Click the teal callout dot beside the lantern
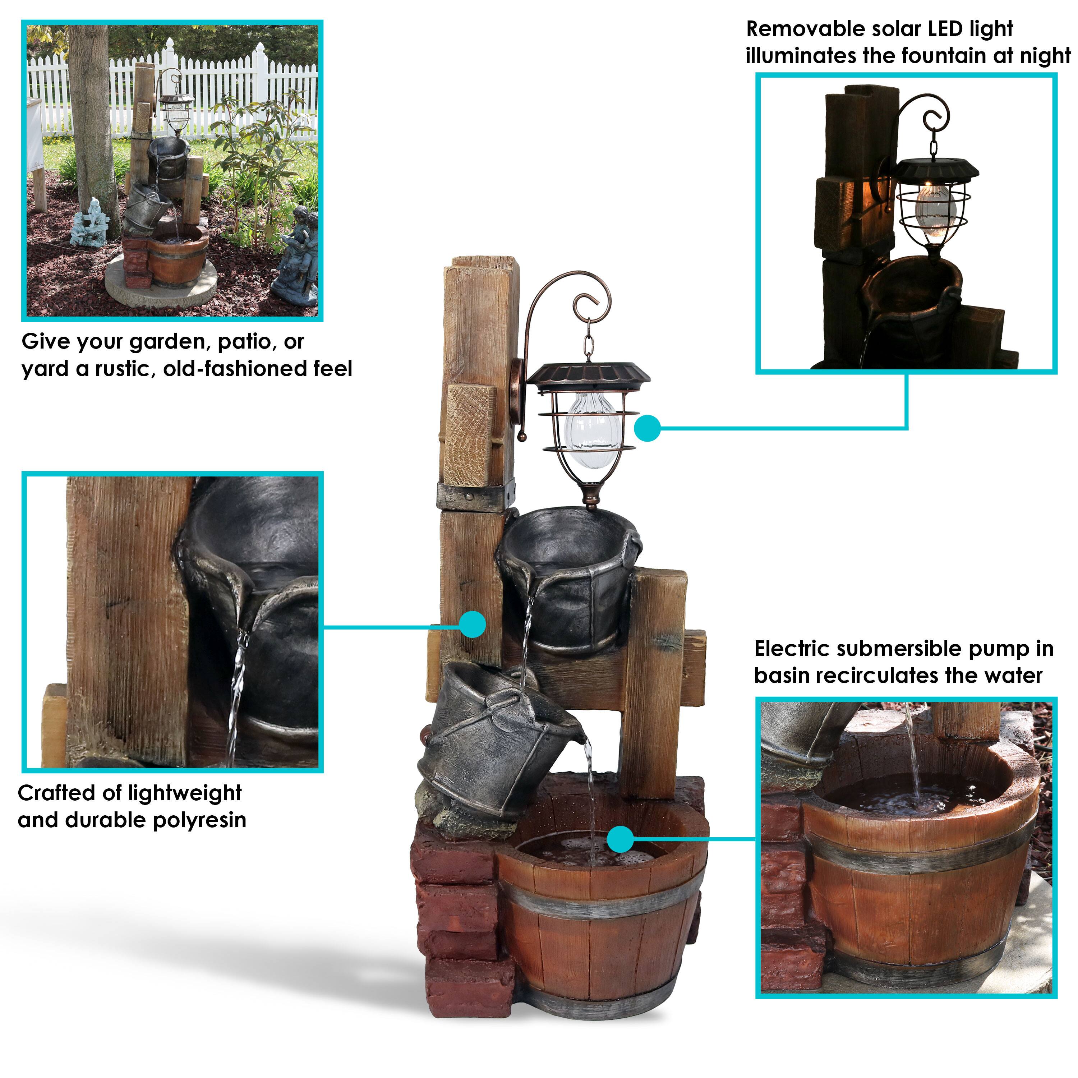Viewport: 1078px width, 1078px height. (x=647, y=428)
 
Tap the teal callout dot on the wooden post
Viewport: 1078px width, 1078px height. (x=473, y=624)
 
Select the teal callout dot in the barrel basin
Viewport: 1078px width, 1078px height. (x=620, y=840)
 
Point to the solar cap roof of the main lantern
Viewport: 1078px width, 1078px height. (x=589, y=372)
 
